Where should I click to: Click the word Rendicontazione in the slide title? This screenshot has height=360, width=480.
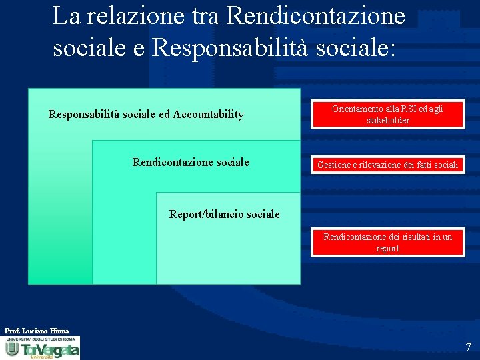point(316,15)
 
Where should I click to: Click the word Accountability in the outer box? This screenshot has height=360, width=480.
point(208,114)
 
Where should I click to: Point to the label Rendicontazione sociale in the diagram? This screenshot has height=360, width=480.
point(191,162)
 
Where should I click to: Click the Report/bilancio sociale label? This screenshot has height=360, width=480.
point(225,214)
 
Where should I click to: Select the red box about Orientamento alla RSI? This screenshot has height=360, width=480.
point(387,114)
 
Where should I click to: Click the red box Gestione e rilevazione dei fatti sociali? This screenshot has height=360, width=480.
point(387,165)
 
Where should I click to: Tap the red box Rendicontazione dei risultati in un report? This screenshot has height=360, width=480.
point(387,242)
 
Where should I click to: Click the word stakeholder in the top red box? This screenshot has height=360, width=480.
point(387,120)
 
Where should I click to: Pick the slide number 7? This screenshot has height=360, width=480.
point(468,347)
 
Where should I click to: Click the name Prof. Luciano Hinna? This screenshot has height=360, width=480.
point(37,331)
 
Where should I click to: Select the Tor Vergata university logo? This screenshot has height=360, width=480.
point(41,348)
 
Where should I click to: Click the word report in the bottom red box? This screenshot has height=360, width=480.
point(387,248)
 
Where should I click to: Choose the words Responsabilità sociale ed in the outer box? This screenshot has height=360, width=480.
point(109,114)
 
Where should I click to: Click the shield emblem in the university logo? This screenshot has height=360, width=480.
point(12,348)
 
